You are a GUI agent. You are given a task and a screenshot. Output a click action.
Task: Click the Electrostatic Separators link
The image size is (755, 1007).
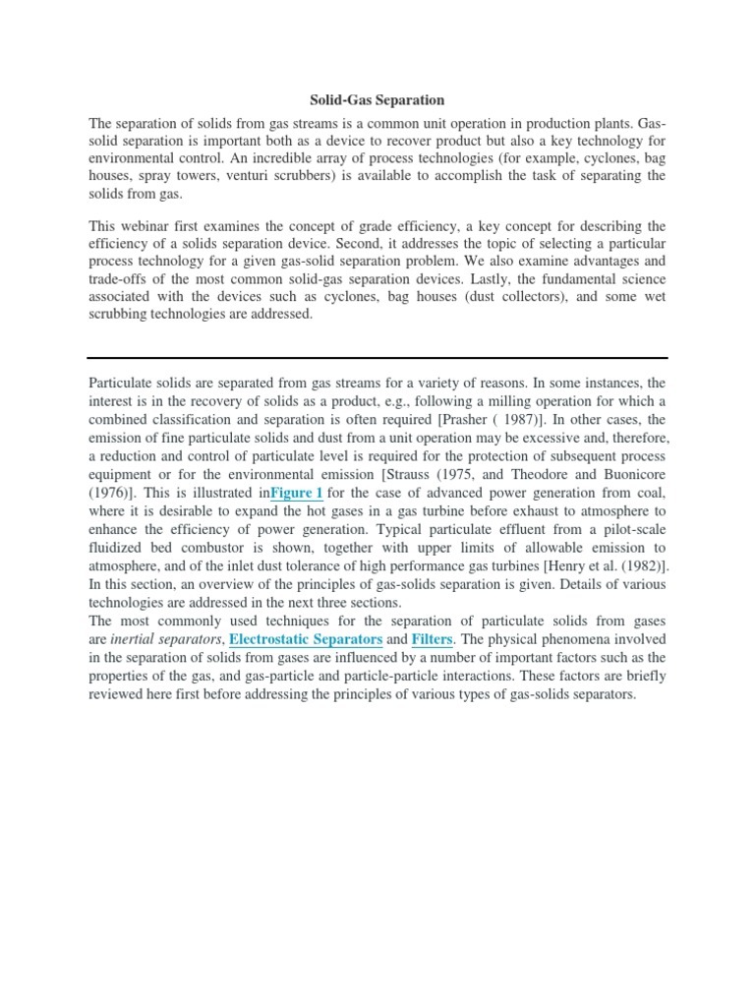(306, 639)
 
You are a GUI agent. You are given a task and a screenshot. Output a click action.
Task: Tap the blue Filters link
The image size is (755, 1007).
(432, 639)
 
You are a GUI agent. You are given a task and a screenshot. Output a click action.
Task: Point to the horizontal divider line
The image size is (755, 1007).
(377, 357)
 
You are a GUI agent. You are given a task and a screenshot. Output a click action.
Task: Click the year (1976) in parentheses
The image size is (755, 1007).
(112, 492)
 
